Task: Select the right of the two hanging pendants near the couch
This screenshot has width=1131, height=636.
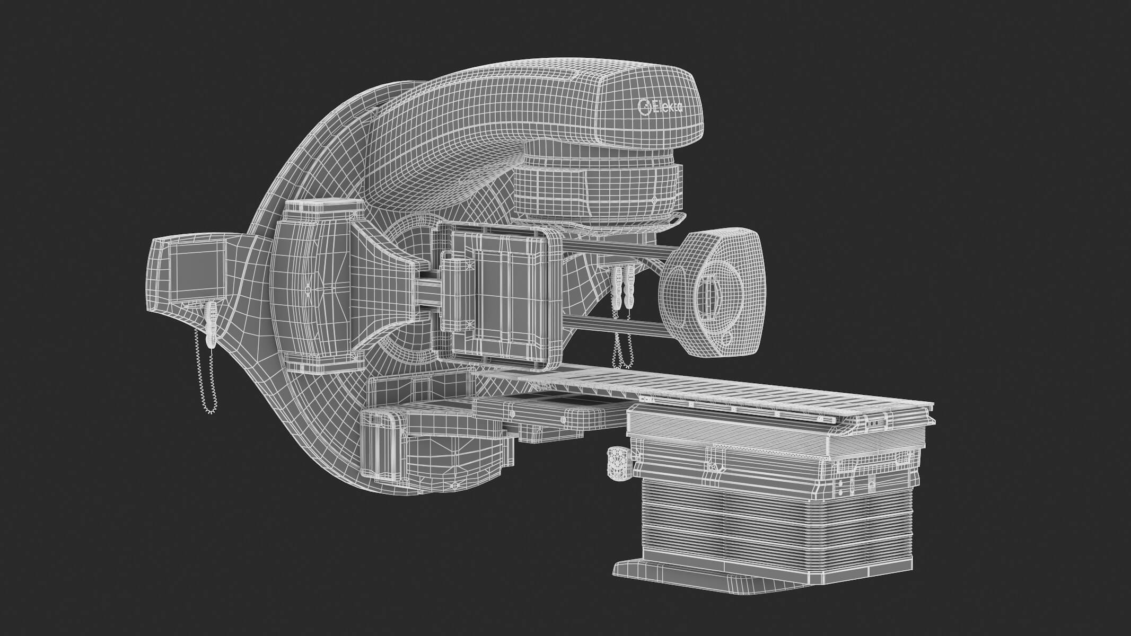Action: (629, 289)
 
